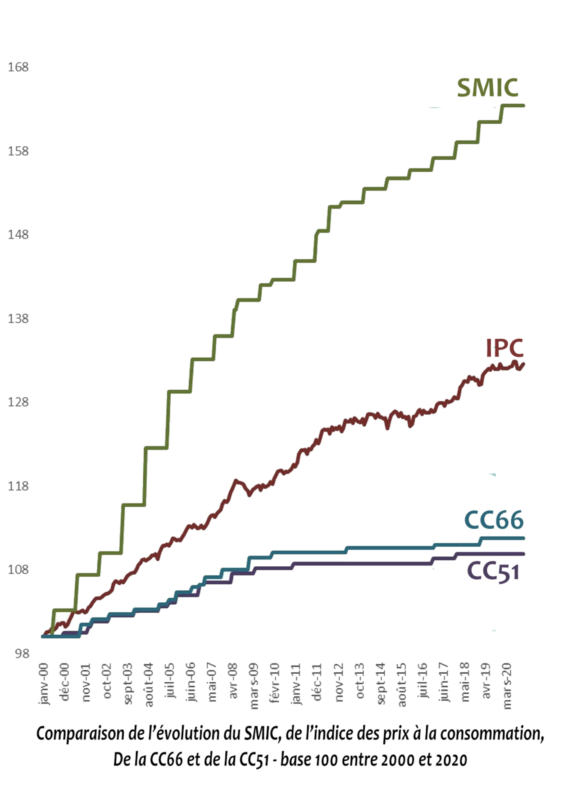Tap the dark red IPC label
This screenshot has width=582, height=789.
pos(504,348)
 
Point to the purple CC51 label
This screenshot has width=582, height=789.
pos(493,571)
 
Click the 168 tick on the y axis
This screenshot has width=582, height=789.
pos(18,67)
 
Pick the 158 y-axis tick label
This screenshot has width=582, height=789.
pos(18,151)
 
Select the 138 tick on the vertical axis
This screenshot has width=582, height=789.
pos(18,319)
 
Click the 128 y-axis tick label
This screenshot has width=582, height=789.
pos(18,402)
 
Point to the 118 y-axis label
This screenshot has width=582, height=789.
pos(18,486)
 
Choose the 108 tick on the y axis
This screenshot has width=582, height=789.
pos(18,570)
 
